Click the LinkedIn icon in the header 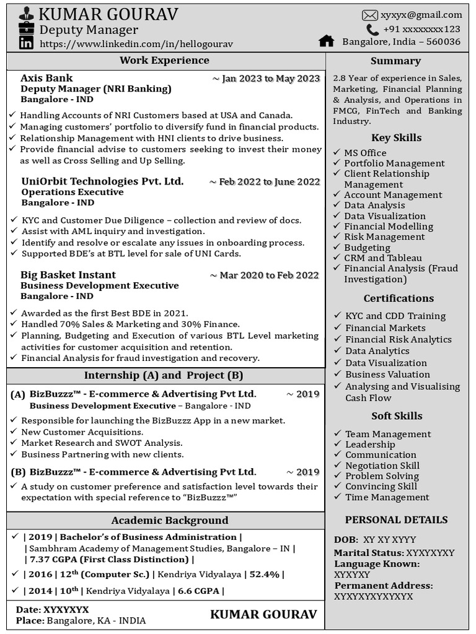[x=26, y=43]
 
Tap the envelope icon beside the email [x=370, y=15]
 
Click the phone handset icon [x=372, y=30]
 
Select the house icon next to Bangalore [x=326, y=41]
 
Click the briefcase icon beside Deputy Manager [x=27, y=28]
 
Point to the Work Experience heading [x=164, y=60]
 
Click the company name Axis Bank [x=46, y=78]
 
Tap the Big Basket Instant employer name [x=68, y=275]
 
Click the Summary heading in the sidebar [x=395, y=61]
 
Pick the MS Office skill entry [x=365, y=153]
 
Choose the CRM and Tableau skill [x=383, y=258]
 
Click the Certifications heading [x=399, y=298]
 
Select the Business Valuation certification [x=387, y=375]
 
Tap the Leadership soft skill [x=370, y=445]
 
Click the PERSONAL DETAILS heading [x=396, y=520]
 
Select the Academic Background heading [x=169, y=521]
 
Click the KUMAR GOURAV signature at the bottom [x=263, y=614]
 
